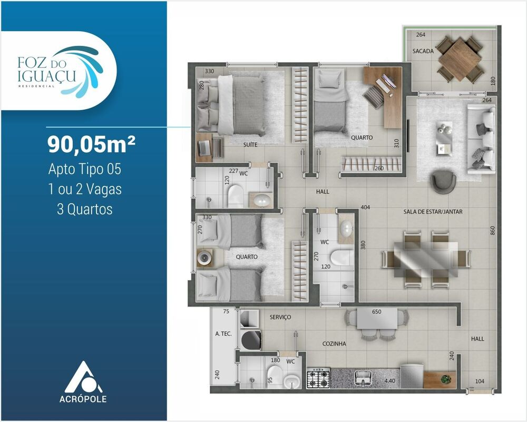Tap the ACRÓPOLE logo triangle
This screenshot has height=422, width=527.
click(x=84, y=375)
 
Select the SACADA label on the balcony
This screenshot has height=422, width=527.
click(x=423, y=51)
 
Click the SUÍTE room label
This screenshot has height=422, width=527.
click(x=250, y=144)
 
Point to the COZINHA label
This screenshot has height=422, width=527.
click(x=334, y=344)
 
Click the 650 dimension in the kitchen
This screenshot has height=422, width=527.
click(x=376, y=311)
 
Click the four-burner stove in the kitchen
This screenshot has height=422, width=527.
click(x=318, y=378)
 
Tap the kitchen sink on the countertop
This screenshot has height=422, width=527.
click(x=364, y=377)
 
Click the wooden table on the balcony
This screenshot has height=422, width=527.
click(x=460, y=58)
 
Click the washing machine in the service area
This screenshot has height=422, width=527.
click(x=251, y=339)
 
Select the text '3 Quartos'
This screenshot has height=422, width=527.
click(x=84, y=209)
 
